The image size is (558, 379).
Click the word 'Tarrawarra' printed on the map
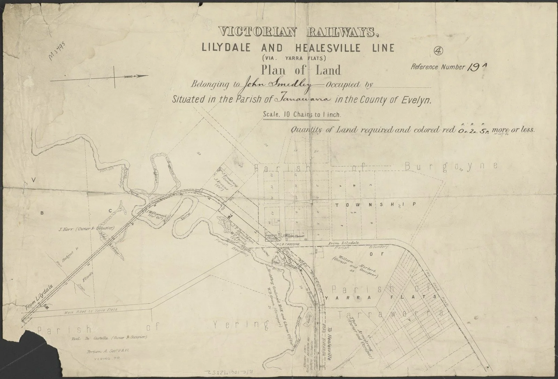[x=391, y=314]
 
